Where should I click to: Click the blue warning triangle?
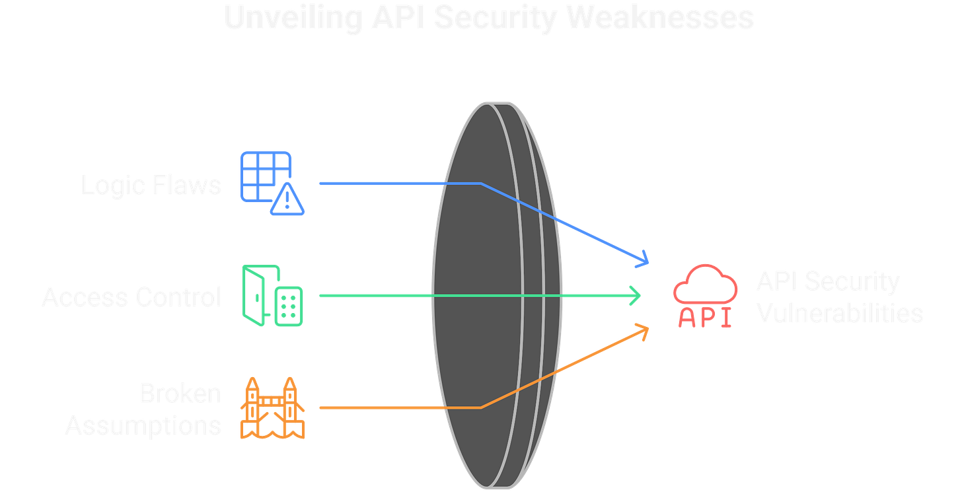[x=288, y=199]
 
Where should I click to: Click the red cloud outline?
[x=705, y=284]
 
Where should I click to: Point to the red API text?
[x=705, y=318]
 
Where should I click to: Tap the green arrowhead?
[x=636, y=295]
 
